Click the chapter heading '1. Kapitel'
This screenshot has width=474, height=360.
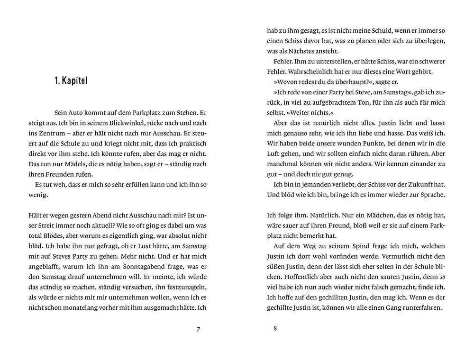click(71, 81)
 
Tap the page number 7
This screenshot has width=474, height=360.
click(199, 330)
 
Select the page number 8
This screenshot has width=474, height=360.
click(275, 329)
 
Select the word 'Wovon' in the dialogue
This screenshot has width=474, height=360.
click(288, 82)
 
